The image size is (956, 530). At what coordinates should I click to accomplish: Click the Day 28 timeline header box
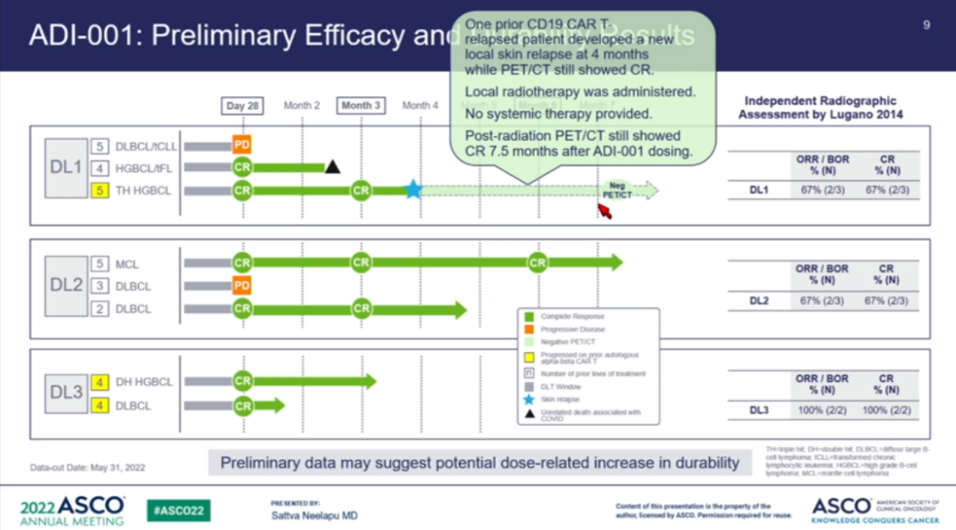tap(242, 105)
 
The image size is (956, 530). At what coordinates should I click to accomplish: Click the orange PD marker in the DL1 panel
tap(242, 144)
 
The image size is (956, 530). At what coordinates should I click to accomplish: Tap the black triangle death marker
tap(332, 166)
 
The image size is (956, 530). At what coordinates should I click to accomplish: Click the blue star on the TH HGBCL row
tap(412, 189)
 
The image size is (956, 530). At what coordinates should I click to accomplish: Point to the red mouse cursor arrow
tap(605, 211)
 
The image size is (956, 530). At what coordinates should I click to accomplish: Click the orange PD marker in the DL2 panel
tap(242, 286)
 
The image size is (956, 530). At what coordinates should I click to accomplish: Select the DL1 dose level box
tap(66, 167)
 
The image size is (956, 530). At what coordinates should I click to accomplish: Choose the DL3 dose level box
tap(66, 394)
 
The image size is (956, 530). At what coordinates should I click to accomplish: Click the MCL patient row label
tap(127, 264)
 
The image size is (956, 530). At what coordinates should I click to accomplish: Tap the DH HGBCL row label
tap(143, 382)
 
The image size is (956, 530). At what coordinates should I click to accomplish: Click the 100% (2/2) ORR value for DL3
tap(822, 411)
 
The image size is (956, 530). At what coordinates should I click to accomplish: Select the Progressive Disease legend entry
tap(573, 329)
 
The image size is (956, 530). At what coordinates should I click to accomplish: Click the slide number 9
tap(926, 25)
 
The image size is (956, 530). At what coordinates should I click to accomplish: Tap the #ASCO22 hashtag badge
tap(178, 511)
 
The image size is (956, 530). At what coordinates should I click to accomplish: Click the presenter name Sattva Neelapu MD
tap(314, 516)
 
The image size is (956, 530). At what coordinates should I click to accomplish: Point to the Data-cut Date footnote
tap(88, 467)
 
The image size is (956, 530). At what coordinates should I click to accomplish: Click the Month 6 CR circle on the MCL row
tap(536, 263)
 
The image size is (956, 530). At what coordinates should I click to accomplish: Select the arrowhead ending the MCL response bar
tap(617, 263)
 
